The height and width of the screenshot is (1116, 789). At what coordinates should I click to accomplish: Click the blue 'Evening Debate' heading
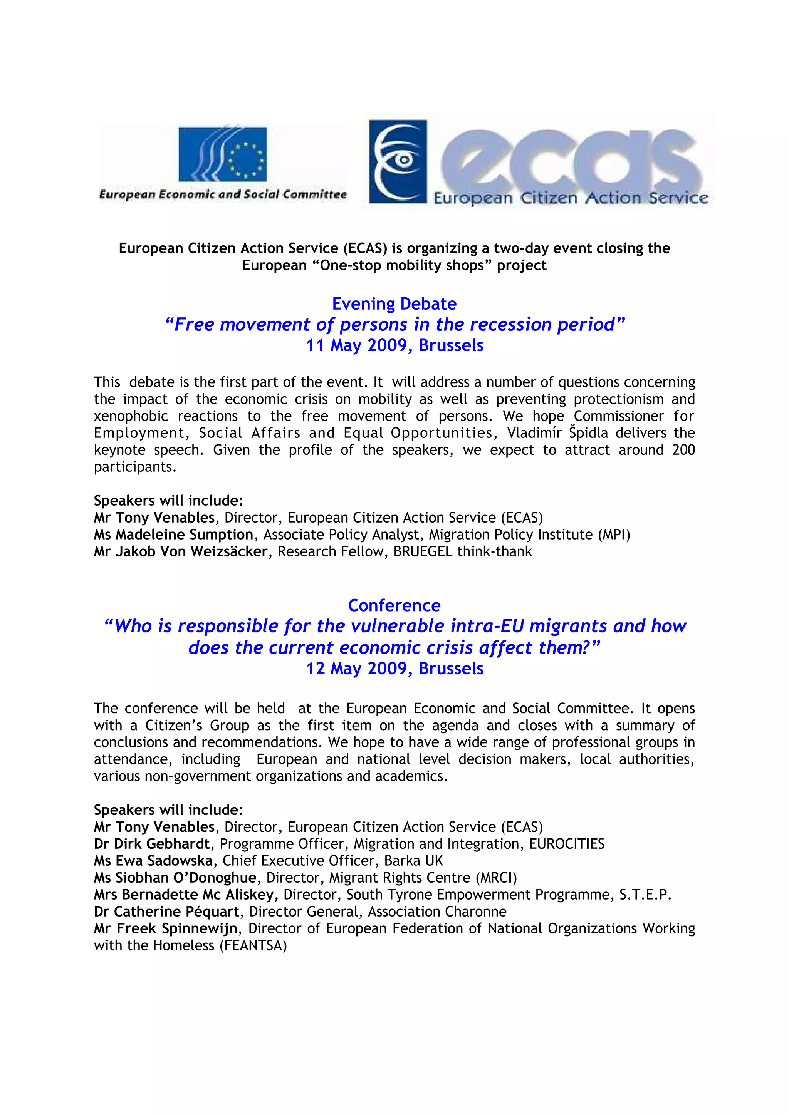(x=394, y=304)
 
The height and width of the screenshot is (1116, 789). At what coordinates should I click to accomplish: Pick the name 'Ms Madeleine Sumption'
(x=173, y=535)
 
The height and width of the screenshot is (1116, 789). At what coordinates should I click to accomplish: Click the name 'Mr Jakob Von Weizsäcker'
(x=180, y=552)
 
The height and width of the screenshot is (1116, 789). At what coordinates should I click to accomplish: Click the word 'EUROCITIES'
(x=567, y=844)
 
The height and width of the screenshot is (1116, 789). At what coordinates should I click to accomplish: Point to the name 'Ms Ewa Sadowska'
(x=153, y=861)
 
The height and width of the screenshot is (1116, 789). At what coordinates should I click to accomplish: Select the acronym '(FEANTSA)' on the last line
(x=253, y=945)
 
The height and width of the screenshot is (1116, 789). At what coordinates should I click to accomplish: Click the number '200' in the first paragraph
(x=683, y=450)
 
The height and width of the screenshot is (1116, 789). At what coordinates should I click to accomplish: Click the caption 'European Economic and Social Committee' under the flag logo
(x=223, y=194)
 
